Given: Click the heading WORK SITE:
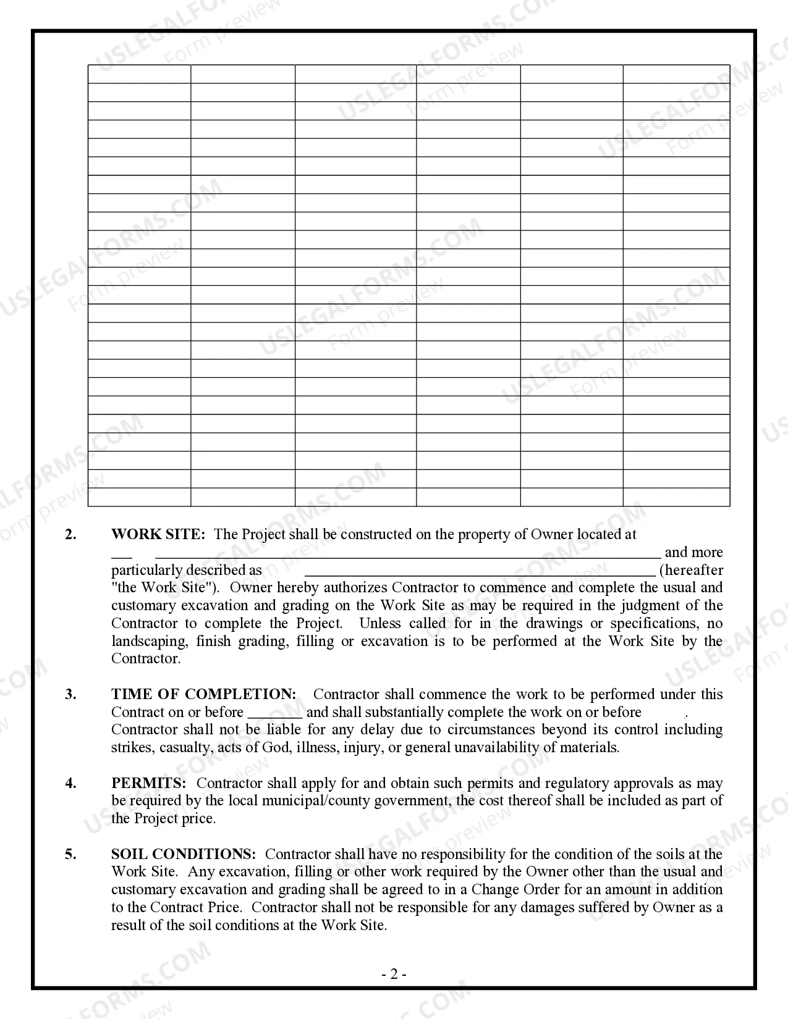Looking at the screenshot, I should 158,535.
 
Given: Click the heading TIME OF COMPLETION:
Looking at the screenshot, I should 203,694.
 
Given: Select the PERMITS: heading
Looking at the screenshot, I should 148,783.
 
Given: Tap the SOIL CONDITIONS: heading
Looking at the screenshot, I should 183,854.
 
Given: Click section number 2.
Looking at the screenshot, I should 71,535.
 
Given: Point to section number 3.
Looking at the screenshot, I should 71,694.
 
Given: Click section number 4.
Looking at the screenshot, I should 71,783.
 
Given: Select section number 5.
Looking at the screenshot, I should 71,854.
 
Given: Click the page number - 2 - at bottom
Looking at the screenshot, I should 394,975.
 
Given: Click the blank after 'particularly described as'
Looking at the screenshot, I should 480,571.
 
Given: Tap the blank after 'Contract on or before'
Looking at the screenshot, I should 274,713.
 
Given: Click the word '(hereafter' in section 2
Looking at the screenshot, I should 691,570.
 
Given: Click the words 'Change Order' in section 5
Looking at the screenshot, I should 512,890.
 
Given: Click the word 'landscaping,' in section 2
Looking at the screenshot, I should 150,641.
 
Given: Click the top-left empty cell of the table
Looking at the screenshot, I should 139,74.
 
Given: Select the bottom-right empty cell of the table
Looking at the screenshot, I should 676,497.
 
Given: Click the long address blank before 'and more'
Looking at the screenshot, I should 408,553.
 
